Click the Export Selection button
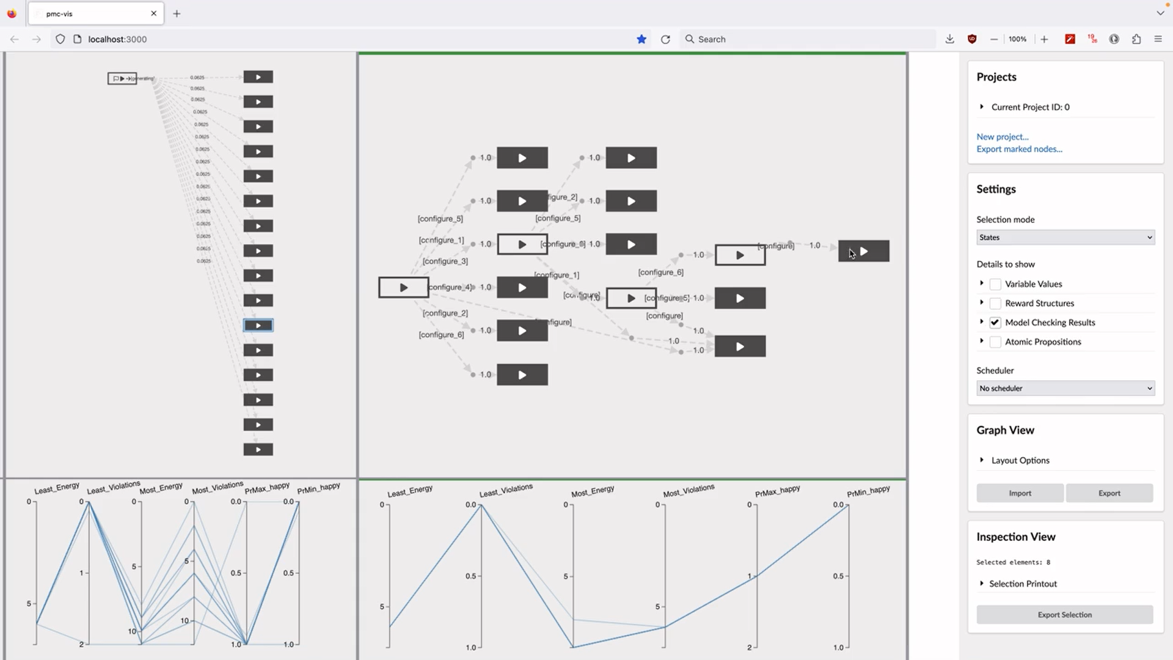[x=1064, y=615]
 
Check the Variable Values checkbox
[x=995, y=284]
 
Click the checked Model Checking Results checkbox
[x=995, y=323]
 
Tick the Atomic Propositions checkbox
[x=995, y=342]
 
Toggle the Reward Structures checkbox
[x=995, y=304]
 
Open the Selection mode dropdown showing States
[x=1065, y=238]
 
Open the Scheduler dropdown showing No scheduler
[x=1065, y=389]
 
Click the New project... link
[x=1002, y=137]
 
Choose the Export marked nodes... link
[x=1019, y=149]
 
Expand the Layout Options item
[x=1020, y=461]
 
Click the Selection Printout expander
[x=1022, y=584]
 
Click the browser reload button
[x=665, y=39]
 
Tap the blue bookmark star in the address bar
[x=641, y=39]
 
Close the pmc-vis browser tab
[x=154, y=13]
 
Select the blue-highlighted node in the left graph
[x=258, y=326]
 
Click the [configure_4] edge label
[x=451, y=287]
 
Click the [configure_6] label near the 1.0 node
[x=660, y=273]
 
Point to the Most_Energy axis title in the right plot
[x=592, y=492]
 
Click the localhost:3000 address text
[x=117, y=39]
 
